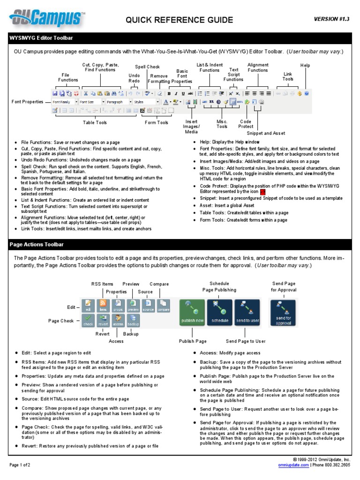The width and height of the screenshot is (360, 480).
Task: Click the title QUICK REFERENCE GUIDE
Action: point(179,20)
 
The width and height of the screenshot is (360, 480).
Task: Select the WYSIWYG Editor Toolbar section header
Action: point(41,37)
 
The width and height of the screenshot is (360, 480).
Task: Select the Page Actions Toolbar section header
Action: point(37,244)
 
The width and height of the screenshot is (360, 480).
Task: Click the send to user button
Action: point(247,313)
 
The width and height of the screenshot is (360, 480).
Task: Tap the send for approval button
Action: point(283,313)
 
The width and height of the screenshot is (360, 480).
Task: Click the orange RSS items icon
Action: point(103,306)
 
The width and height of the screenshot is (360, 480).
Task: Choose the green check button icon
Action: point(88,320)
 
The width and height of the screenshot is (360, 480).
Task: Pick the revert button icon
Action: point(103,320)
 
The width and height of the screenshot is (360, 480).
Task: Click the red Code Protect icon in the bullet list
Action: point(262,192)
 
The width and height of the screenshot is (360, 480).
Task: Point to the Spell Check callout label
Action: point(147,67)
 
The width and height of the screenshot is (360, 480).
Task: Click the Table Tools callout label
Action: point(95,123)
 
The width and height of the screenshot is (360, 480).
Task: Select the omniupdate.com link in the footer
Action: point(294,465)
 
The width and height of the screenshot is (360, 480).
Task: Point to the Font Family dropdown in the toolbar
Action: point(64,101)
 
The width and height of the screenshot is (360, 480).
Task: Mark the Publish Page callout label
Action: point(193,341)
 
